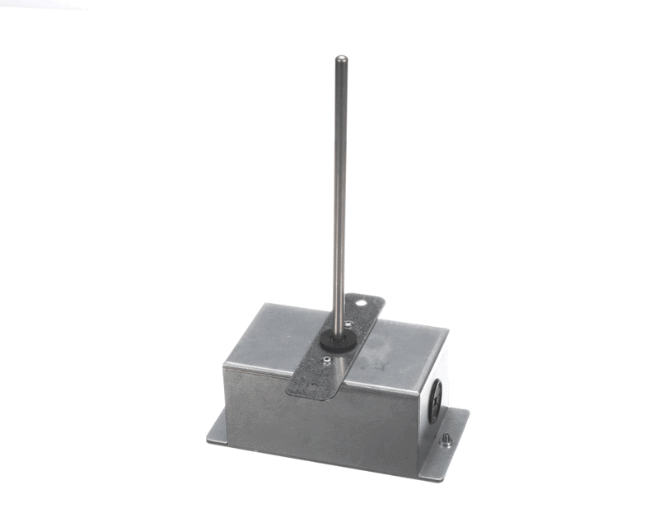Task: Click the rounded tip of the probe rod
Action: (340, 58)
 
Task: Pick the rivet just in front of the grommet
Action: (328, 358)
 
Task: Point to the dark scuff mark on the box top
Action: (381, 359)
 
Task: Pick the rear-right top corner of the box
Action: (448, 331)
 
